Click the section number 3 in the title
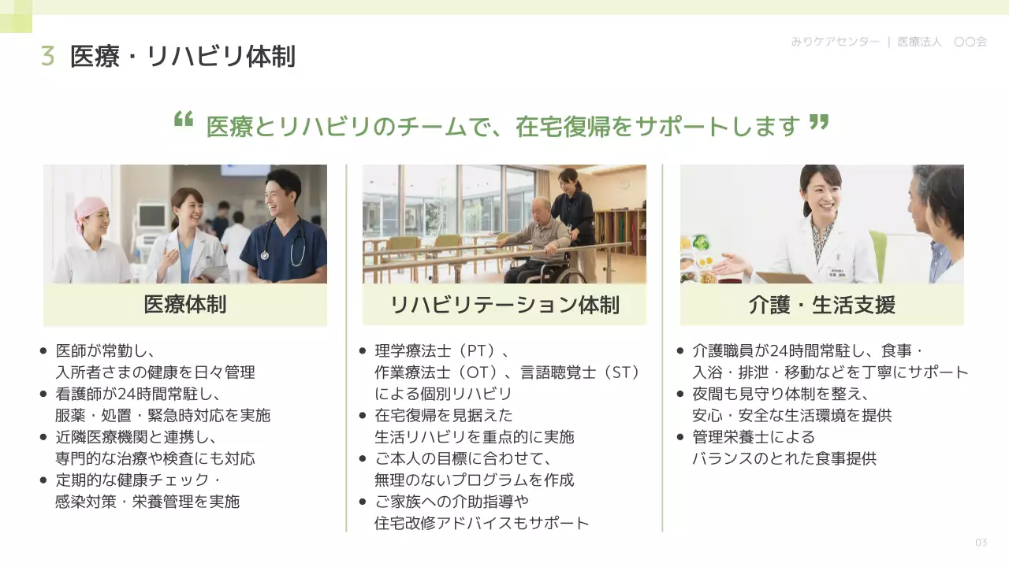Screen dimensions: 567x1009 point(47,57)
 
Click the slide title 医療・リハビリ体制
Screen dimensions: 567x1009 point(183,57)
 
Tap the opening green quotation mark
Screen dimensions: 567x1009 point(183,120)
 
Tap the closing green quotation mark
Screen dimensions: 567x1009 point(819,120)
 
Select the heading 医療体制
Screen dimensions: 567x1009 point(185,305)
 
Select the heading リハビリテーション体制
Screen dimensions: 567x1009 point(504,305)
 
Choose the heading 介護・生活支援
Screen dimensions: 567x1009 point(821,305)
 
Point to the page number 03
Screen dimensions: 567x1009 point(981,543)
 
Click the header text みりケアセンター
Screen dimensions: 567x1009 point(835,42)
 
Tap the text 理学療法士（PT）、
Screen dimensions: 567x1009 point(441,350)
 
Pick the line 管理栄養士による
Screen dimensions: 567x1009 point(753,437)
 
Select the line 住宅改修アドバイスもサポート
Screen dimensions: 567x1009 point(482,523)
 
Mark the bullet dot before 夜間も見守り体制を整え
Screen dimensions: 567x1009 point(680,394)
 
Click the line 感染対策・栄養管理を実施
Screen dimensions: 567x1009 point(147,501)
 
